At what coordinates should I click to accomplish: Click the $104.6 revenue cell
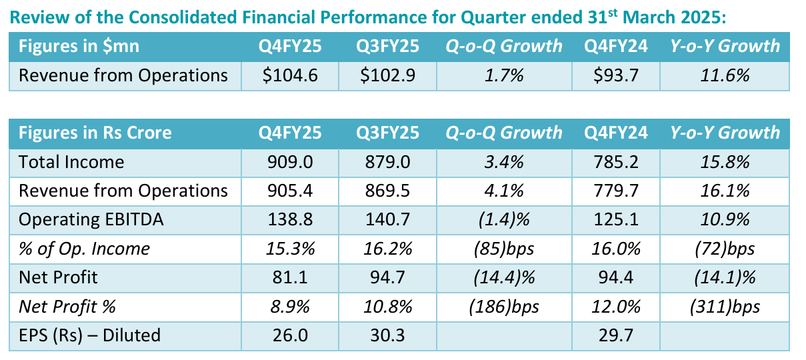point(290,75)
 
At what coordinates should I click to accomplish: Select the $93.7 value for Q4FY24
point(616,75)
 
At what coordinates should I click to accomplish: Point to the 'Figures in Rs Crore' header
point(95,133)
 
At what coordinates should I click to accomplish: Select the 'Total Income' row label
point(71,162)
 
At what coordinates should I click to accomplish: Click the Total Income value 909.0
point(290,162)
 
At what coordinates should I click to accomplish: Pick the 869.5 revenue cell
point(387,191)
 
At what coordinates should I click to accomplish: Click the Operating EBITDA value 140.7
point(387,220)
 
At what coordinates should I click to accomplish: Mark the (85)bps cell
point(504,249)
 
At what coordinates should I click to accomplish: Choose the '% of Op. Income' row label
point(84,249)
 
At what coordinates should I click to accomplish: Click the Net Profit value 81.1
point(290,278)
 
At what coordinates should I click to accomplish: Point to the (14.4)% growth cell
point(504,278)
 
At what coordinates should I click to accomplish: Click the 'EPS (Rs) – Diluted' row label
point(89,335)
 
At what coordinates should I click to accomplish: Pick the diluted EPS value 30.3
point(387,335)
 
